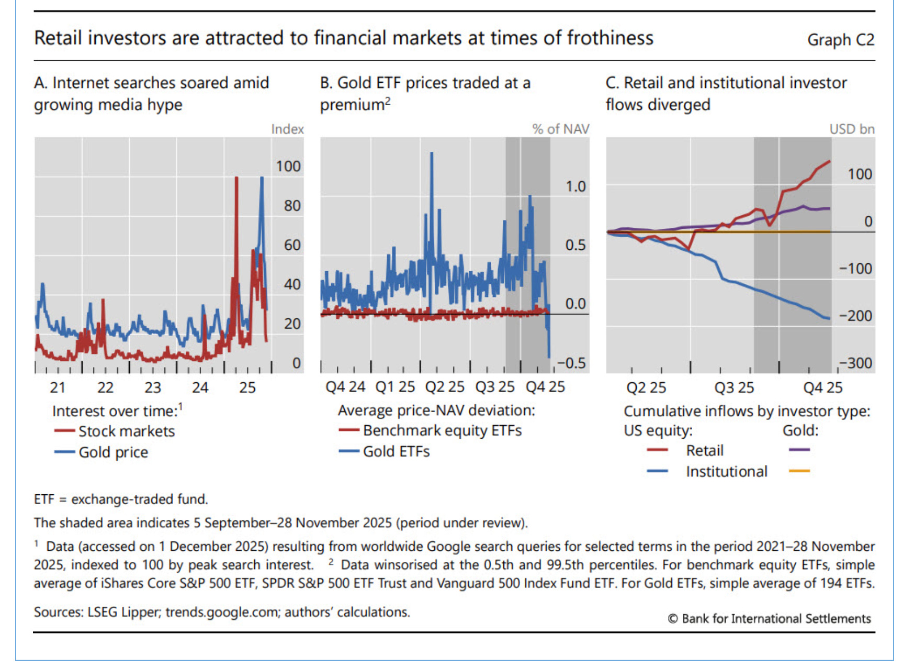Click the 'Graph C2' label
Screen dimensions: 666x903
[840, 40]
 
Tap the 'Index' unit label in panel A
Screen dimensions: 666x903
[287, 129]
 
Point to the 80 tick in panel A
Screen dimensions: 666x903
[292, 206]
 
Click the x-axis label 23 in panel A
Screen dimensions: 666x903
[153, 387]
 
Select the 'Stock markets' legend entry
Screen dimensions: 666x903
[126, 431]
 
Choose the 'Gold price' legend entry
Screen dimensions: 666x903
[113, 452]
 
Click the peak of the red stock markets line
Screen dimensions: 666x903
[236, 179]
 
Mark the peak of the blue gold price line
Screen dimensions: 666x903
[262, 179]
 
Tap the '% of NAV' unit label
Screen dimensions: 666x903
[560, 129]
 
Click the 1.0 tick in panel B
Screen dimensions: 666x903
[575, 187]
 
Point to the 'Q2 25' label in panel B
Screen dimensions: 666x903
[444, 387]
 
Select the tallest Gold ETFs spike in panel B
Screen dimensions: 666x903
[432, 154]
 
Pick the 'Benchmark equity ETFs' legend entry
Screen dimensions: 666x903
[442, 430]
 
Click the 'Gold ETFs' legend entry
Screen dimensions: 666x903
[396, 451]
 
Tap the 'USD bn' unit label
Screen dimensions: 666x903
[851, 129]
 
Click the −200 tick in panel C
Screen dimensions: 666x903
[855, 316]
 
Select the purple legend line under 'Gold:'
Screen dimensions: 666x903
[799, 450]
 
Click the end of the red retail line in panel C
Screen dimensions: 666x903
[830, 162]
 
